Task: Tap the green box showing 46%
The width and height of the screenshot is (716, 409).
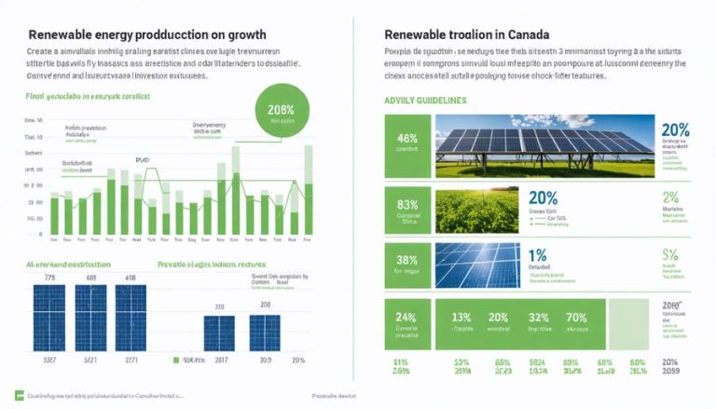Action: click(406, 145)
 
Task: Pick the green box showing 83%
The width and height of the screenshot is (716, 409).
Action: click(406, 210)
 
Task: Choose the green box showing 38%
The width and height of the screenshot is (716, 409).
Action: click(406, 267)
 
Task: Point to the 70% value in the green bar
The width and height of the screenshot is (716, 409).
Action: click(576, 319)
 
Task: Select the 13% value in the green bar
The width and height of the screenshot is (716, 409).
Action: click(462, 319)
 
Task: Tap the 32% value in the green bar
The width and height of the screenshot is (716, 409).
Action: click(540, 319)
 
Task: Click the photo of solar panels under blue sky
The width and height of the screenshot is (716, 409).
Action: click(545, 145)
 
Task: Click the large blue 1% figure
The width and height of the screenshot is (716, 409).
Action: click(537, 255)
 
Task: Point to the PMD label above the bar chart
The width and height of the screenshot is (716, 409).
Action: click(142, 160)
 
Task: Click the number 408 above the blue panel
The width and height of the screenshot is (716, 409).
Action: click(131, 278)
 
